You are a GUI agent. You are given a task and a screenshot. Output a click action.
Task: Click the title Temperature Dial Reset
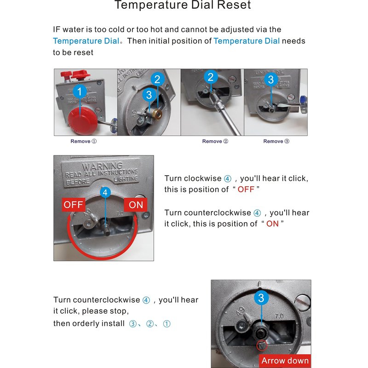tap(183, 6)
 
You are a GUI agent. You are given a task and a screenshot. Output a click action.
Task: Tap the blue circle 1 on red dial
tap(80, 92)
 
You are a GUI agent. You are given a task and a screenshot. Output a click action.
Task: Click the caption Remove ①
tap(84, 141)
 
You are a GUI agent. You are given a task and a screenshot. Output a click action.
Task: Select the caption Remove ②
tap(215, 141)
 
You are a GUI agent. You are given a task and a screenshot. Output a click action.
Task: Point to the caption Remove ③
tap(276, 141)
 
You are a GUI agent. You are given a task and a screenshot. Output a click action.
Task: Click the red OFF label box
tap(74, 205)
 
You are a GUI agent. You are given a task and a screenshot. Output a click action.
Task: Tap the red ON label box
tap(136, 205)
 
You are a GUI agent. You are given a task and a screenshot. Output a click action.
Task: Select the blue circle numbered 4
tap(105, 192)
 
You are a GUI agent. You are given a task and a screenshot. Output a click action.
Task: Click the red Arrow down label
tap(285, 361)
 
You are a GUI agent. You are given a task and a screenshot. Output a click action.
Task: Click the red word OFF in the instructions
tap(246, 190)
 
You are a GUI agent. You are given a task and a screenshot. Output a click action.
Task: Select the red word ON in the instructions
tap(272, 224)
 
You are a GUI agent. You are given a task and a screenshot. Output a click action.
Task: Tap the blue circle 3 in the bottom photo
tap(261, 298)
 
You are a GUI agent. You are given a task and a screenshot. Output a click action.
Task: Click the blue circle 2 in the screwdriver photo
tap(211, 77)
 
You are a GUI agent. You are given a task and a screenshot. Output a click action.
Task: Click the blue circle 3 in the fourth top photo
tap(270, 80)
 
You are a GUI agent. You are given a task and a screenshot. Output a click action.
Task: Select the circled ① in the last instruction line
tap(167, 324)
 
